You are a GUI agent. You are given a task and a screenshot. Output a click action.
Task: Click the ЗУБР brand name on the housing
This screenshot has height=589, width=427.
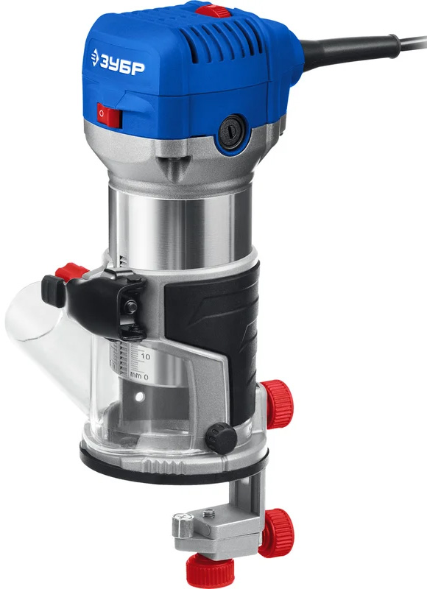122,67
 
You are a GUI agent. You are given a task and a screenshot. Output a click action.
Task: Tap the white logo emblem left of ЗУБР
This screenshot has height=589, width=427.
95,57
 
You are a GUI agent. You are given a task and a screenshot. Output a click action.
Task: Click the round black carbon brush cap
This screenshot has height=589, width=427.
232,133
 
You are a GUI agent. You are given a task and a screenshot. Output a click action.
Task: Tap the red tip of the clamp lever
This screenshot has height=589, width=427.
71,271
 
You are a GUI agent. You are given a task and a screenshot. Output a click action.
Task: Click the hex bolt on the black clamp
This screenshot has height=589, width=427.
130,306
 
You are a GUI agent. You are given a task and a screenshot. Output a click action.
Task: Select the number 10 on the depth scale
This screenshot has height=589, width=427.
145,356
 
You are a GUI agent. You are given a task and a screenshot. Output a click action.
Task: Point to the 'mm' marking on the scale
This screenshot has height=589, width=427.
135,375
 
